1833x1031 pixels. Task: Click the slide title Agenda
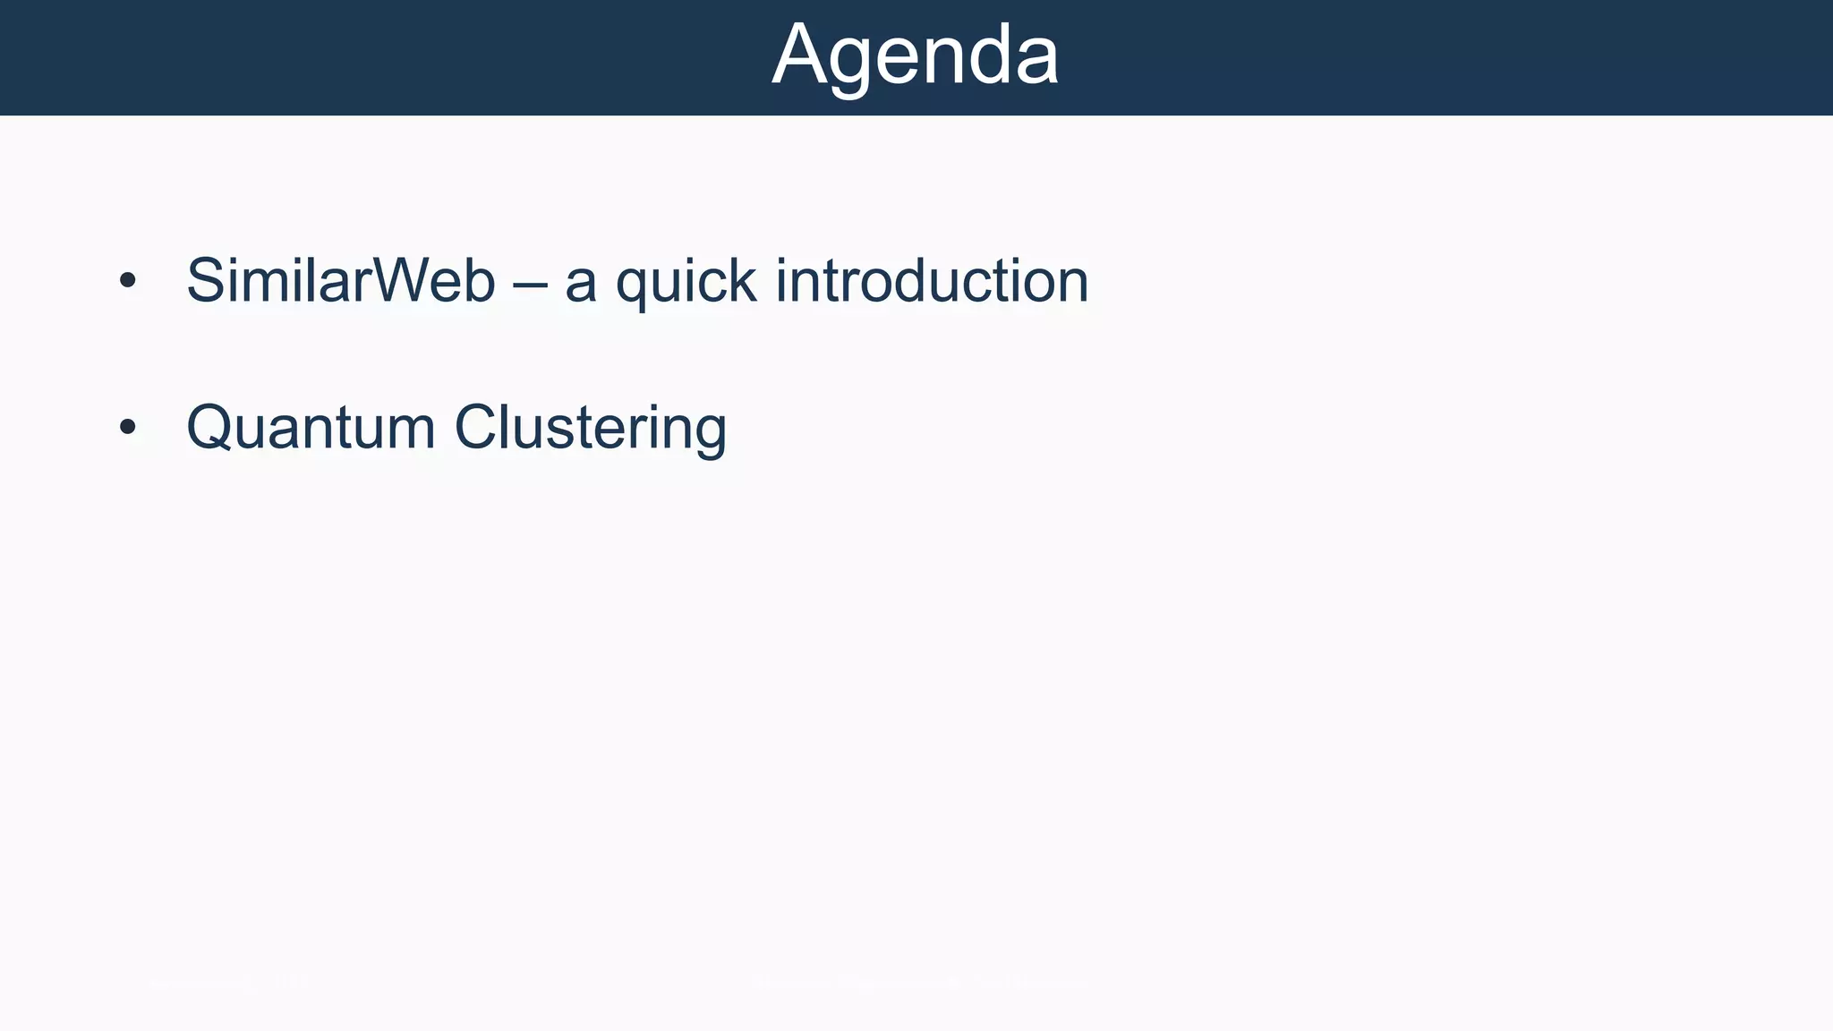[915, 55]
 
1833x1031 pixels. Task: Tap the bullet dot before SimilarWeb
[128, 281]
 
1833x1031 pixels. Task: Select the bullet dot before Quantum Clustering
[128, 428]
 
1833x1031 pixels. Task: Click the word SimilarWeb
[340, 281]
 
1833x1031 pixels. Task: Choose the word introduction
[932, 281]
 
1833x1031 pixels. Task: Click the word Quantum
[311, 428]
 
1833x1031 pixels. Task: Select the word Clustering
[591, 428]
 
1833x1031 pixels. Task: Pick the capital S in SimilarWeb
[207, 281]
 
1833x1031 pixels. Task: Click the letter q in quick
[634, 286]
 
